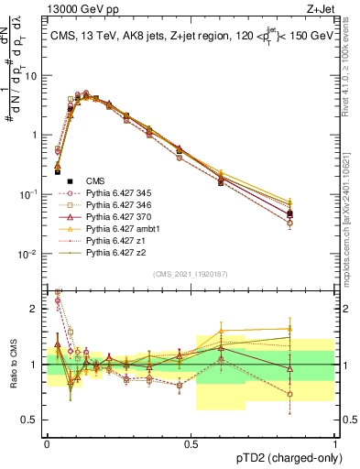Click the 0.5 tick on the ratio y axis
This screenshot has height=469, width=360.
(x=32, y=421)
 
